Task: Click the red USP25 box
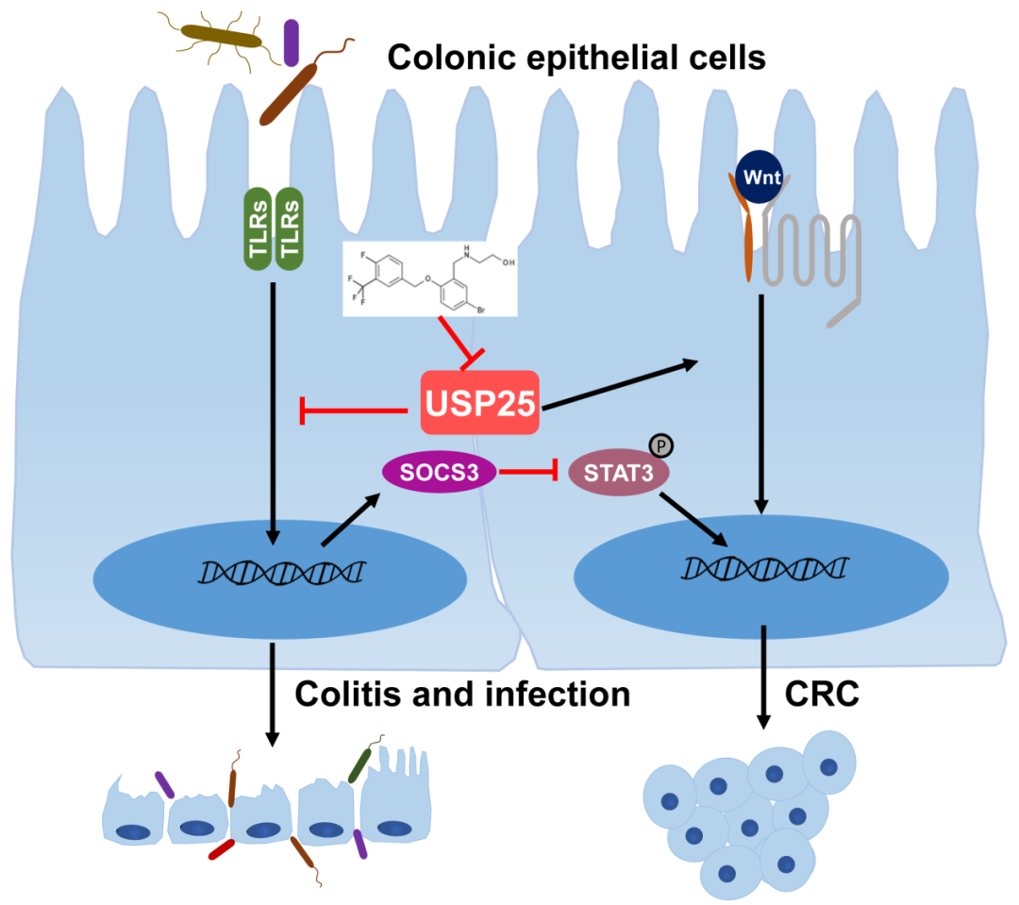pos(479,403)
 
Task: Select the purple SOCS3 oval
pos(439,471)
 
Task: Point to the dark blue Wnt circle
pos(759,176)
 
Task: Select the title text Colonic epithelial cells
pos(576,59)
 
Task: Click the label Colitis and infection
pos(462,695)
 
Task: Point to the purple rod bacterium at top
pos(292,42)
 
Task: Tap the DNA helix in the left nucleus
pos(283,571)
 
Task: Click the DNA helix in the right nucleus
pos(765,567)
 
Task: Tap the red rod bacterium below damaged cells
pos(222,849)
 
